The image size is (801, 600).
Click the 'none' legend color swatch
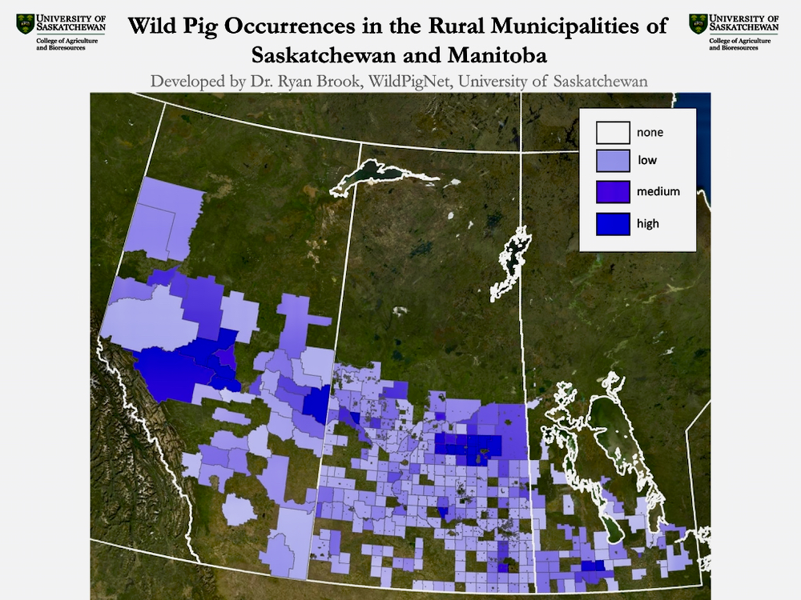613,132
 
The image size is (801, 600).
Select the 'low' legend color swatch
613,162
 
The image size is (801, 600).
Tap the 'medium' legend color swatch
613,192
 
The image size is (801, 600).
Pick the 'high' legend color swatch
613,223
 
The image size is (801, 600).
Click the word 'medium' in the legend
658,192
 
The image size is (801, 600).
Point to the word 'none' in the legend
650,132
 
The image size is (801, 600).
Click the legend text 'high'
648,223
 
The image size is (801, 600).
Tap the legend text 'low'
647,161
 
